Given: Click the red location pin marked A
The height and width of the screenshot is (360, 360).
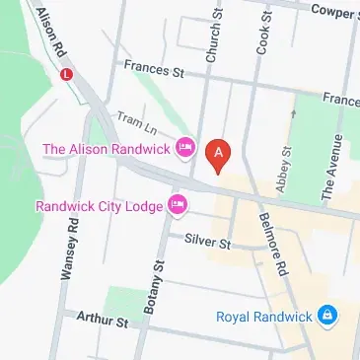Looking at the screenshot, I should [x=218, y=155].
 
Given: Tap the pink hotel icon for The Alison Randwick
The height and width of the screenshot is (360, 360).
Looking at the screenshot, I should [x=184, y=149].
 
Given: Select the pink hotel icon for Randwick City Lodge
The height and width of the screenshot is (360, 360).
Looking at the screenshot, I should [x=178, y=206].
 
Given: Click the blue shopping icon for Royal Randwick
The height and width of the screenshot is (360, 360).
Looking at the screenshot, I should [x=328, y=317].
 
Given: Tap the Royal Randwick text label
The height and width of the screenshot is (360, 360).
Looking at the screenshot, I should [x=263, y=317].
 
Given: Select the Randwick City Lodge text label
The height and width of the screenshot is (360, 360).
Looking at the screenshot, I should [x=98, y=207].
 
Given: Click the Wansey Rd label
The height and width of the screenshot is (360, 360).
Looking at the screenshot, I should [x=68, y=252].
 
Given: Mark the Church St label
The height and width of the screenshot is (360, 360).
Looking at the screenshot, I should [x=211, y=39].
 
